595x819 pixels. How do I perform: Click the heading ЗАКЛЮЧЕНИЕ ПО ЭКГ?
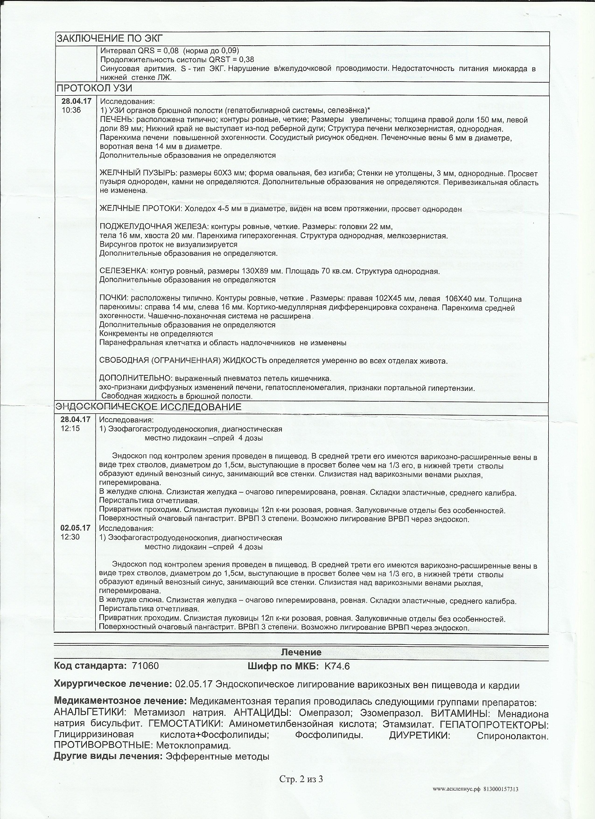[110, 39]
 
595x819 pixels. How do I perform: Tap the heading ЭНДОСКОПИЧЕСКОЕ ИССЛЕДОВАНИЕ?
[148, 407]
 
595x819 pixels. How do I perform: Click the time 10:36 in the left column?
[71, 110]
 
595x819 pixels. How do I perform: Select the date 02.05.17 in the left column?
[75, 528]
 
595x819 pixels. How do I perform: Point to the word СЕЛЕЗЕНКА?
[123, 271]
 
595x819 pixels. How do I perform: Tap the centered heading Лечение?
[301, 652]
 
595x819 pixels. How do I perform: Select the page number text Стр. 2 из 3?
[301, 778]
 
